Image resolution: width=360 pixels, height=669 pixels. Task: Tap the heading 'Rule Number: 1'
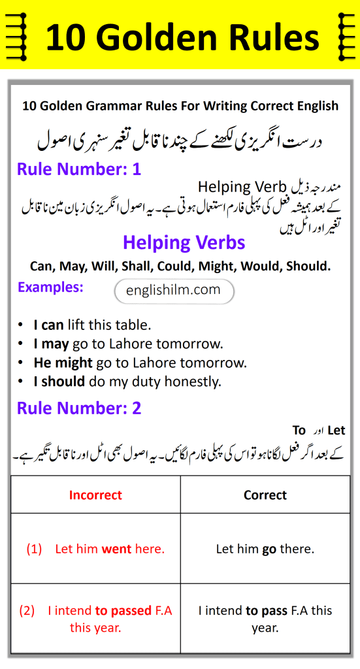[79, 170]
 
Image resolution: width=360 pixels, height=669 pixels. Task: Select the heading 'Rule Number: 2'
[79, 408]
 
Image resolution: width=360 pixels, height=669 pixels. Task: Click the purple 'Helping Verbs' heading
[184, 243]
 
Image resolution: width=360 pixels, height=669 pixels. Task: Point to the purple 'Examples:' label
[50, 287]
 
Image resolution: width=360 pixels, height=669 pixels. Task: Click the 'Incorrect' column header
[95, 495]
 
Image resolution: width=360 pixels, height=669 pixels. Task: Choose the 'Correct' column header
[265, 495]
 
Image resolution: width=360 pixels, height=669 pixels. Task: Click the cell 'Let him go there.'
[265, 549]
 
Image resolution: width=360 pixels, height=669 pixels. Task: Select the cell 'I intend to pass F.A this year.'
[265, 619]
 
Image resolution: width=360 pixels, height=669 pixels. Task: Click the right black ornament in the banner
[342, 34]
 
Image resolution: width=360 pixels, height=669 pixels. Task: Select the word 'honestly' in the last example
[191, 382]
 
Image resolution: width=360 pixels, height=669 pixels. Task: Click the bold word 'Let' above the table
[336, 431]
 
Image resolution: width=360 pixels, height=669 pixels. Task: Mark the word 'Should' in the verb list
[310, 266]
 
